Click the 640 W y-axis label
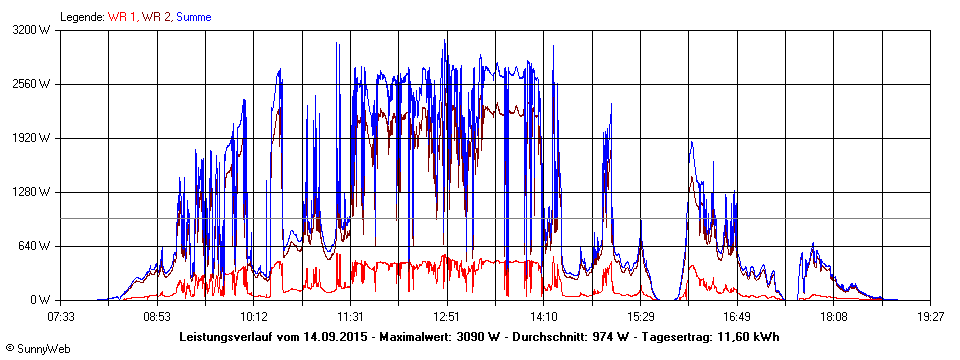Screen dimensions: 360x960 [x=37, y=246]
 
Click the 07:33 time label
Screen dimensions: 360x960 [x=61, y=317]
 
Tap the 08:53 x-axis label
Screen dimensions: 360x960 [x=157, y=317]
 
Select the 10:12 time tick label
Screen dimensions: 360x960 [x=254, y=317]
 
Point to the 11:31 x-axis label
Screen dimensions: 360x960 [x=350, y=317]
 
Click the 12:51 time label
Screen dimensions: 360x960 [x=447, y=317]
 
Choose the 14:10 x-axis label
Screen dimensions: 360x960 [x=544, y=317]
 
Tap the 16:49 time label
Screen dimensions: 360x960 [x=737, y=317]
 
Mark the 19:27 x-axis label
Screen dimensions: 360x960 [x=930, y=317]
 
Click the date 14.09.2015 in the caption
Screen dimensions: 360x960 [x=336, y=336]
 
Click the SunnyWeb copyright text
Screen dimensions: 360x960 [x=37, y=349]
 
